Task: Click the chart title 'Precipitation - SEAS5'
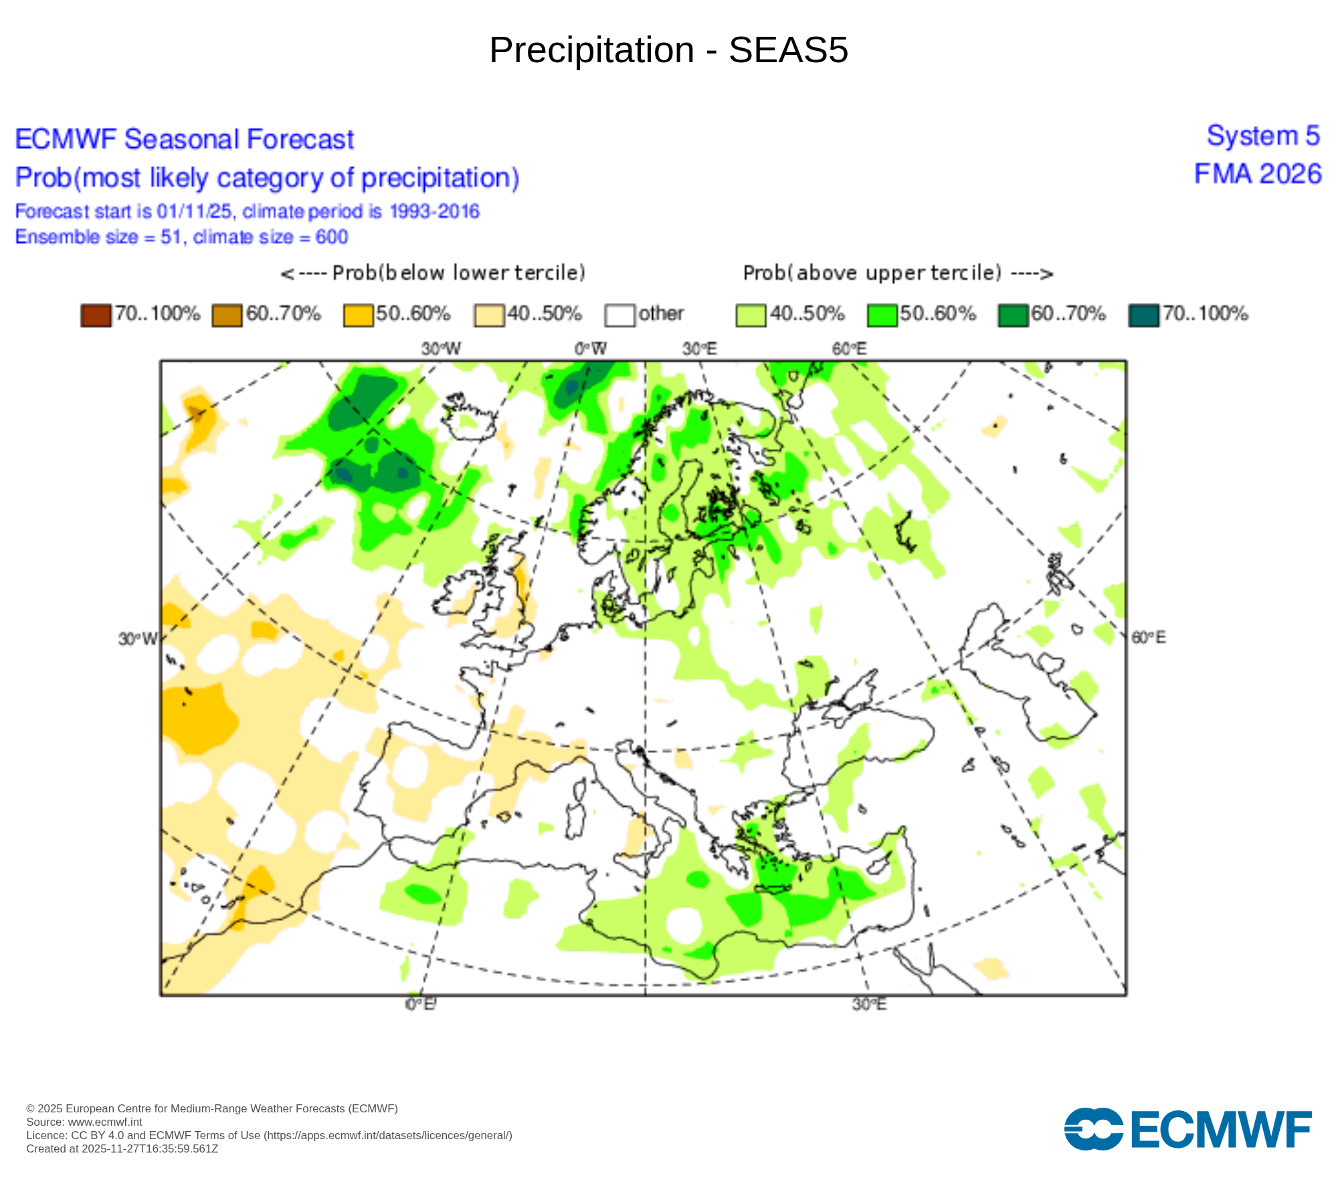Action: point(668,50)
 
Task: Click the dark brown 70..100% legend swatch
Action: point(96,315)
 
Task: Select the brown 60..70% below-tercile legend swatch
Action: point(227,315)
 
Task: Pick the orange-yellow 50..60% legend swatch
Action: point(358,315)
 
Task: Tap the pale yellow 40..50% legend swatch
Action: point(489,315)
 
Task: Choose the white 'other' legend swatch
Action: point(619,315)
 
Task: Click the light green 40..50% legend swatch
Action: point(751,315)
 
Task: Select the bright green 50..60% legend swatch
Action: point(882,315)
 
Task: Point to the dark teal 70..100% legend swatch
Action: point(1143,315)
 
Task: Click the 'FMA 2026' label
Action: point(1258,175)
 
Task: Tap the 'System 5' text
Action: point(1263,136)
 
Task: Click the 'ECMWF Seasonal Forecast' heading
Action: point(184,140)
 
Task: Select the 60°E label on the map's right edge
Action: point(1148,637)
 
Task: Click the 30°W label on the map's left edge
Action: point(137,639)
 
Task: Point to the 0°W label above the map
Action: point(590,349)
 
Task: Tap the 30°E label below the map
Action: point(869,1005)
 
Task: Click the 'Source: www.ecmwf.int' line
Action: point(84,1122)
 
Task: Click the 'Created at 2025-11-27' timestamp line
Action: point(122,1148)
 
